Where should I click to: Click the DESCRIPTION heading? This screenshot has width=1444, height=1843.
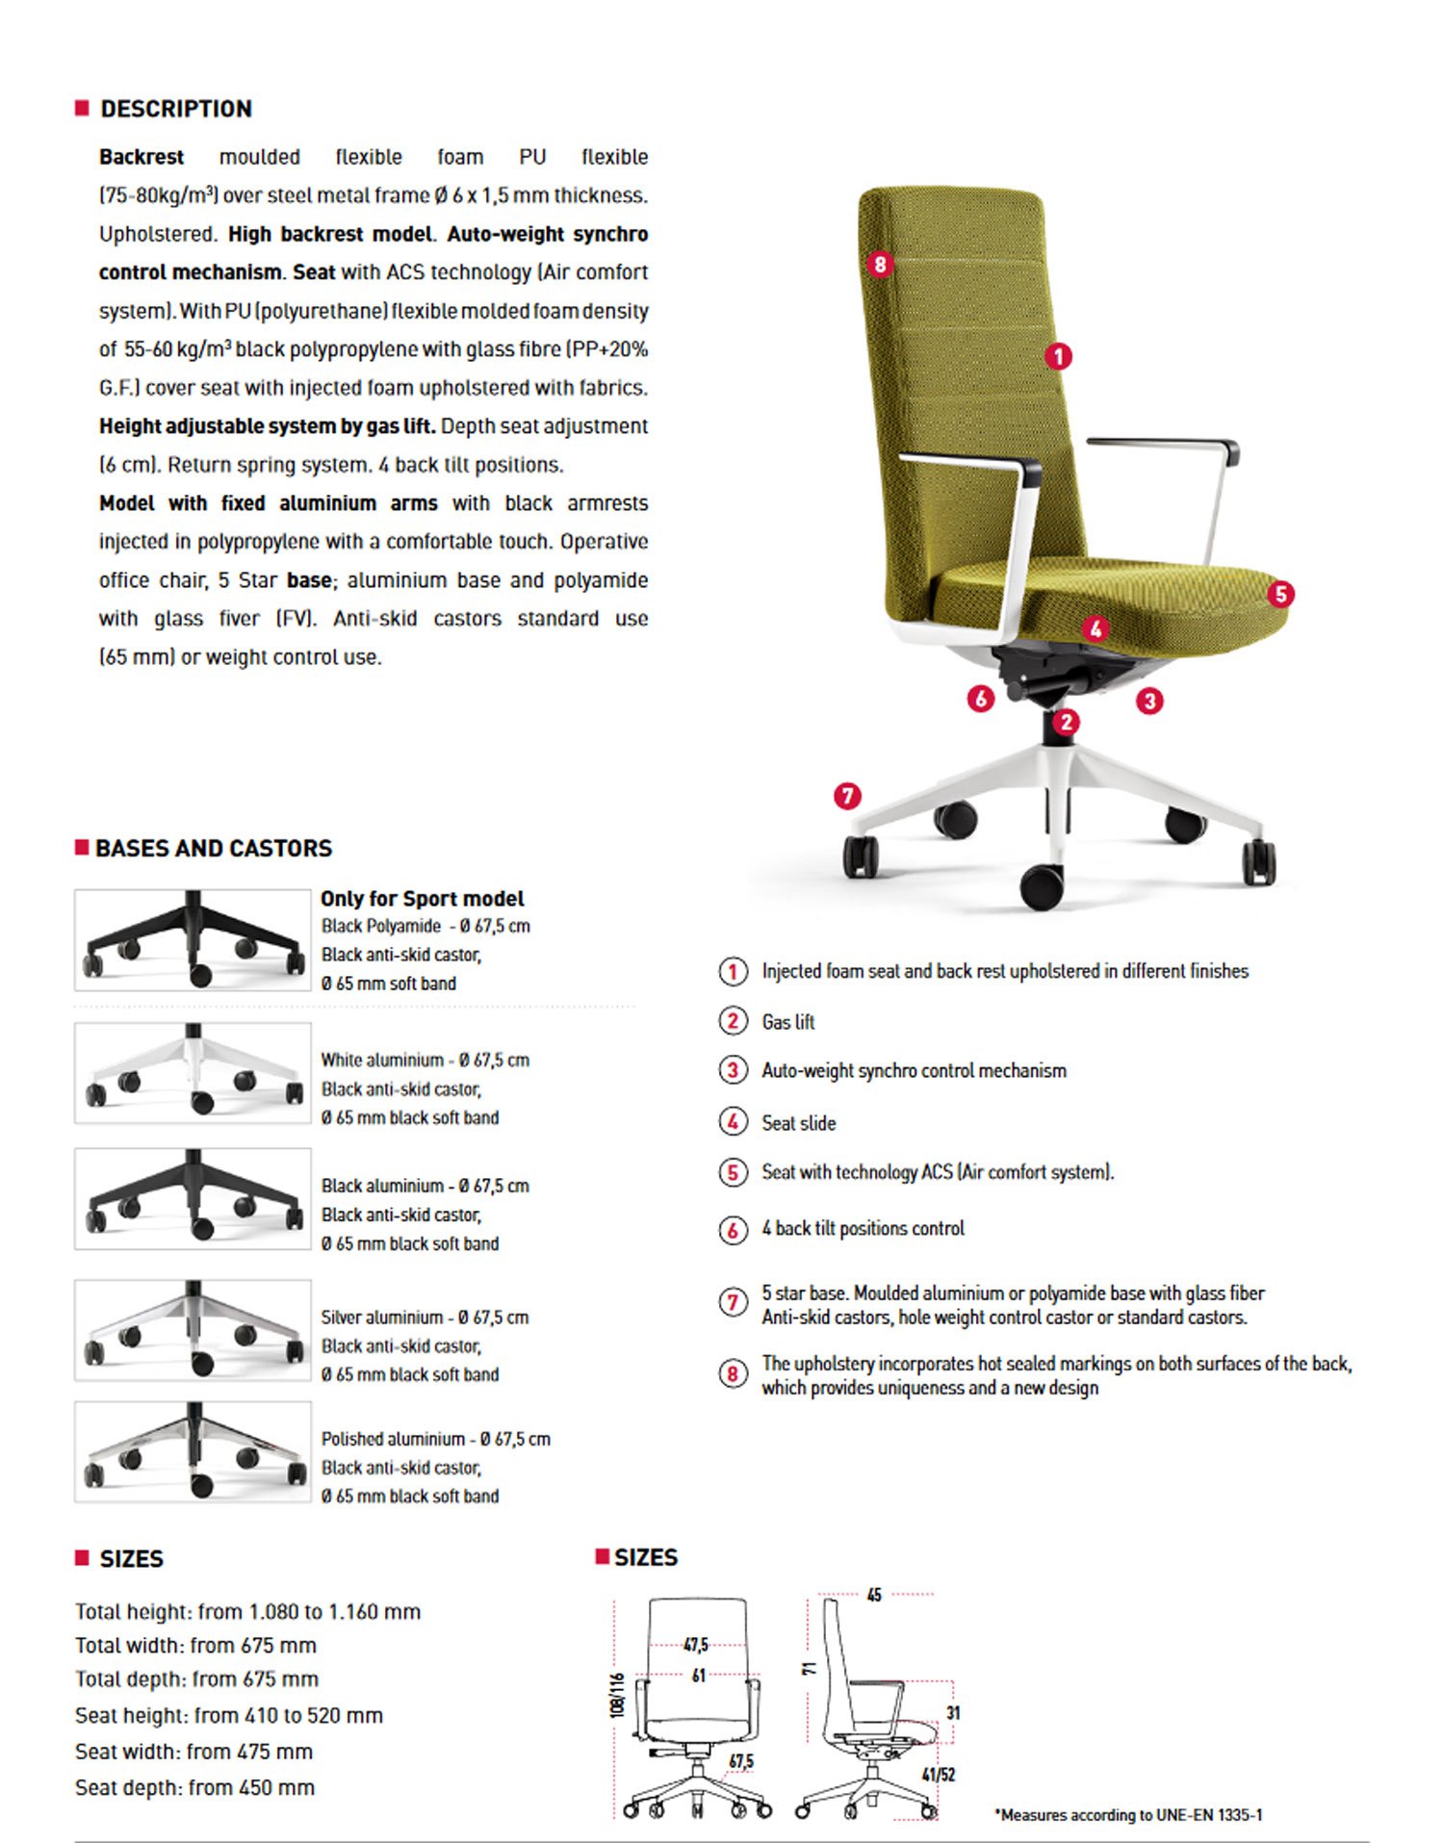point(175,109)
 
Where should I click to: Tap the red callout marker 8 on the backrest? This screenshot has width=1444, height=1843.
point(880,264)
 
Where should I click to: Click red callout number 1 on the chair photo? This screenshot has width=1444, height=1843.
point(1058,357)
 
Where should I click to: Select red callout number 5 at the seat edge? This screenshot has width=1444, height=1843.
point(1279,594)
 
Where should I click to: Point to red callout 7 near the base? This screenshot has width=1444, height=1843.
point(847,796)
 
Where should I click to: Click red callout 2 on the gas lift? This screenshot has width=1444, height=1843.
point(1065,722)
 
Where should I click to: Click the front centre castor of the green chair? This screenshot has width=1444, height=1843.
point(1042,886)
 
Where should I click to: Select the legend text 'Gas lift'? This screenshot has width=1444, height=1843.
point(787,1022)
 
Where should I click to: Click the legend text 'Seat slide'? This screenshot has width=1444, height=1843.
point(798,1123)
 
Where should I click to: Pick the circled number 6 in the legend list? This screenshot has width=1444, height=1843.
point(734,1230)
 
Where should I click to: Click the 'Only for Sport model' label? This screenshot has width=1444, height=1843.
point(422,899)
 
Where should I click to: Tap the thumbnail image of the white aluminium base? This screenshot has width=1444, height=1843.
point(193,1072)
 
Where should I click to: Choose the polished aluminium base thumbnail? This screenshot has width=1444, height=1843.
point(193,1452)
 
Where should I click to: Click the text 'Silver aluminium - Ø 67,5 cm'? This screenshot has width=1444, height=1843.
point(425,1318)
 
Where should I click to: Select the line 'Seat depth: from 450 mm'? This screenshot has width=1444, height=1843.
point(194,1787)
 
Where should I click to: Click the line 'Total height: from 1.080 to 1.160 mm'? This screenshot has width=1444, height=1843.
point(247,1611)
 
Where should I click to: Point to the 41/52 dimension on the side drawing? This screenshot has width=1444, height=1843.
point(938,1774)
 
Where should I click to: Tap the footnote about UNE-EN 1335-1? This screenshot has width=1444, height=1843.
point(1127,1814)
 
